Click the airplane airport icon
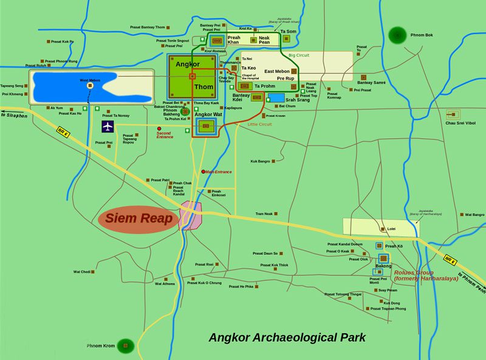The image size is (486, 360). point(108,126)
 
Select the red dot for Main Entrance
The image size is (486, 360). point(204,171)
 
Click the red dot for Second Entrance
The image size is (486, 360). point(160,129)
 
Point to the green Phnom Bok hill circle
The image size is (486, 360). point(398,35)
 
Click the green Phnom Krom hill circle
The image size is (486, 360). point(126,346)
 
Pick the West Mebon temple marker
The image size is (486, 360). point(90,86)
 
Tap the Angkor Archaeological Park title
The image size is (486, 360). point(287,337)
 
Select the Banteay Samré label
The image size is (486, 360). point(371,83)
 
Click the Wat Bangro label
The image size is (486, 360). point(475,215)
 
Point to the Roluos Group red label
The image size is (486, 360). point(417,275)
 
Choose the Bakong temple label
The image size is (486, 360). point(383,266)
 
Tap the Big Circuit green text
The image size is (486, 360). point(299,55)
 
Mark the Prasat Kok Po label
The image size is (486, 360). point(63,41)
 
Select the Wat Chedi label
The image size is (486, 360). point(82,271)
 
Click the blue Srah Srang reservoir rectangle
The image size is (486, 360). point(276,97)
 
